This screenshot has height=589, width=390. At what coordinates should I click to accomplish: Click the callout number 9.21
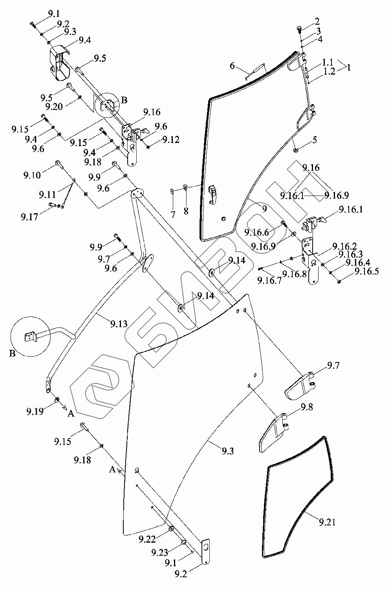327,522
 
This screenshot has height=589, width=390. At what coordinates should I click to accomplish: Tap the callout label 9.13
119,324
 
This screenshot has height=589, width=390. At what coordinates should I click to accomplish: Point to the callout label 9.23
159,552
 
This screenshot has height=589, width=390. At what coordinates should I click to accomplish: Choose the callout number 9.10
32,175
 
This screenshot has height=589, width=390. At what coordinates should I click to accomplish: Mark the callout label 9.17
29,216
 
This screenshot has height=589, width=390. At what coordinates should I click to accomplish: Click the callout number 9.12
171,139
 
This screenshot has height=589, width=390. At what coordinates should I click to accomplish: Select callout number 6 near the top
232,66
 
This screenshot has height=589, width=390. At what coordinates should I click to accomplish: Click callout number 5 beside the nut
315,140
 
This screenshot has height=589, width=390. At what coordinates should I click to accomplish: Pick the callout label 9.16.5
366,271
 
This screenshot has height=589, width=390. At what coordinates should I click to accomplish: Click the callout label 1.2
329,71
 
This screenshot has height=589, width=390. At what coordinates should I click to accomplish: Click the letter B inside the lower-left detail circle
13,353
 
